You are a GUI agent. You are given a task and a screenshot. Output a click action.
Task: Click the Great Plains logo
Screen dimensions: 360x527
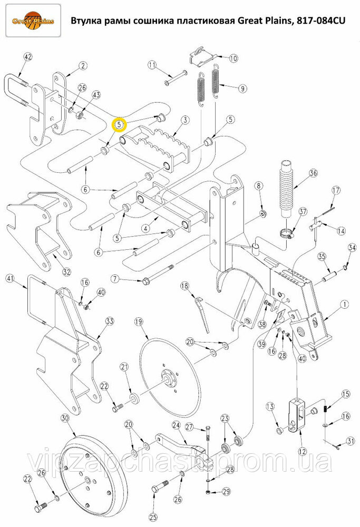pos(33,21)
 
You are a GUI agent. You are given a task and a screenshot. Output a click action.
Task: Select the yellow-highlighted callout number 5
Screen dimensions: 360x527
pos(119,125)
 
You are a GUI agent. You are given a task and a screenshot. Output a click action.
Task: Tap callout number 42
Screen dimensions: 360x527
pos(28,57)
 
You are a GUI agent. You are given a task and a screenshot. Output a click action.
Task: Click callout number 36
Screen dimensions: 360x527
pos(313,173)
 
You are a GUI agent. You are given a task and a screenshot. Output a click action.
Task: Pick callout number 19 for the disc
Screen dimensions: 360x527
pos(139,321)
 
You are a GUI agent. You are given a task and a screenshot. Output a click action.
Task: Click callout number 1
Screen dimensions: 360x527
pos(345,305)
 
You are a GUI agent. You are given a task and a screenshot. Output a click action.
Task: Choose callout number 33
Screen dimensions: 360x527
pos(110,321)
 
